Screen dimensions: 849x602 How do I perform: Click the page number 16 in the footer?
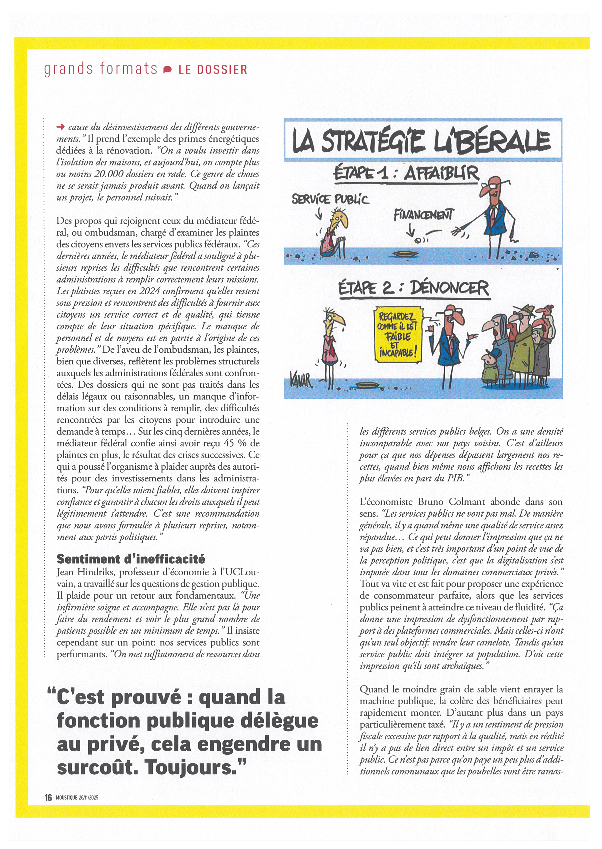pos(48,797)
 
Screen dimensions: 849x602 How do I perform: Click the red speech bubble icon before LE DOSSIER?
pos(167,69)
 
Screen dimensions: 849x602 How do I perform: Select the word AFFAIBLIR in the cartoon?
pos(441,173)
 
